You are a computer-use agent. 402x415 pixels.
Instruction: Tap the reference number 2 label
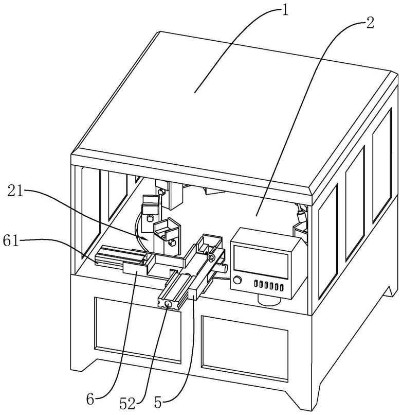coord(370,23)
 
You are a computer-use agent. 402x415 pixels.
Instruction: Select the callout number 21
coord(15,192)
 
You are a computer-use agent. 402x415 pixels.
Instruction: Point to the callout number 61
coord(11,241)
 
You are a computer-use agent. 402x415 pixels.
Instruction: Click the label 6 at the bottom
coord(90,400)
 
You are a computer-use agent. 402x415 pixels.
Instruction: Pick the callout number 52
coord(128,403)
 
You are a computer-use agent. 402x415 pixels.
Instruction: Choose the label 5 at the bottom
coord(158,403)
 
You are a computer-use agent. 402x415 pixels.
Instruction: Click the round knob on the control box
coord(237,280)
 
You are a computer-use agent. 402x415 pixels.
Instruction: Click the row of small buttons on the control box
coord(268,286)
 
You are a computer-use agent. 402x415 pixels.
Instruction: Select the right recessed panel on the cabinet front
coord(245,346)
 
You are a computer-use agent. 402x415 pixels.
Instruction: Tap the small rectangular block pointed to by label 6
coord(135,268)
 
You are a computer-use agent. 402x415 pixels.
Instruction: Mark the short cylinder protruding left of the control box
coord(222,268)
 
